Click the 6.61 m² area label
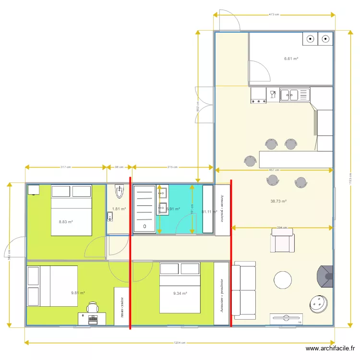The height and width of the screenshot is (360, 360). click(x=291, y=59)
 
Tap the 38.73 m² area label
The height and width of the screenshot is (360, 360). click(x=278, y=202)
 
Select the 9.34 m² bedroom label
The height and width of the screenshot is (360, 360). click(x=180, y=293)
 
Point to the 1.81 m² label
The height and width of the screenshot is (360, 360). click(x=119, y=209)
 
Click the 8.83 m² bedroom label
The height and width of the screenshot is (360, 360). click(x=66, y=222)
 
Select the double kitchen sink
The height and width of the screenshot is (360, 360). click(x=295, y=95)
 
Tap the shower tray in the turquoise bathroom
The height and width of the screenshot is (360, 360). click(x=144, y=209)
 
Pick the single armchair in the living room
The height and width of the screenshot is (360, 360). click(x=282, y=240)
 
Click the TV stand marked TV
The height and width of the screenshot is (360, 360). click(x=286, y=319)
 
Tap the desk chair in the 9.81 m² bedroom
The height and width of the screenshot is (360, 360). click(x=93, y=307)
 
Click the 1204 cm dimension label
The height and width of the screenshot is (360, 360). click(x=179, y=343)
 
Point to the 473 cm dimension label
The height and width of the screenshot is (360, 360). click(x=274, y=15)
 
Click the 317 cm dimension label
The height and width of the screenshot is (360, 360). click(x=66, y=167)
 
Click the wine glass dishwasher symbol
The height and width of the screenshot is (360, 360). click(x=273, y=95)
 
